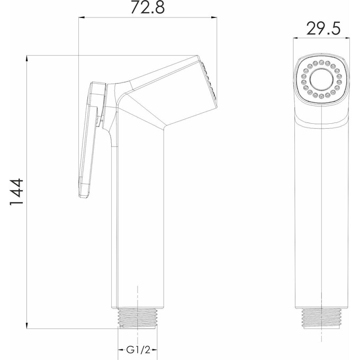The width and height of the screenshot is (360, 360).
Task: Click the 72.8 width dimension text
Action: click(x=148, y=7)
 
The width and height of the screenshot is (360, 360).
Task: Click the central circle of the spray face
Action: click(x=321, y=81)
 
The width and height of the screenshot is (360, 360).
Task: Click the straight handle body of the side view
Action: click(x=138, y=222)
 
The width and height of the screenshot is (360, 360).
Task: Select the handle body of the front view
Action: click(x=321, y=212)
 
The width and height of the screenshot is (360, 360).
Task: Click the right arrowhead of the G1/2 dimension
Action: click(x=155, y=350)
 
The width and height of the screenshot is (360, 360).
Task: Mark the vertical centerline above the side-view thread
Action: click(x=138, y=296)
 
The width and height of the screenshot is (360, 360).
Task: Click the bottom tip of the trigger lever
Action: click(x=84, y=195)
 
